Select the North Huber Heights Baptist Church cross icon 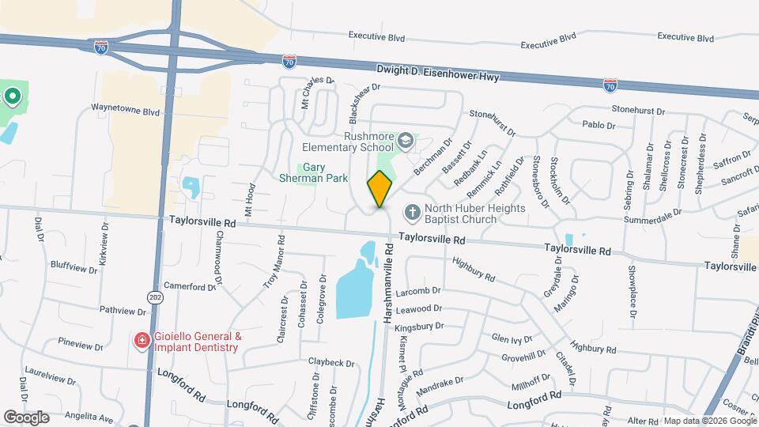(411, 212)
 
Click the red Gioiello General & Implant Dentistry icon (142, 341)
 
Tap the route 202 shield (153, 297)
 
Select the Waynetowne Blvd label (125, 111)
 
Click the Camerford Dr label (190, 286)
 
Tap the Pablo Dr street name (598, 125)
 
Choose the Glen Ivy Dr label (512, 338)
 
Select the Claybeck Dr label (331, 362)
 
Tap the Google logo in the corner (26, 417)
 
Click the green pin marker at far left (12, 97)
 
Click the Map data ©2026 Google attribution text (709, 421)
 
